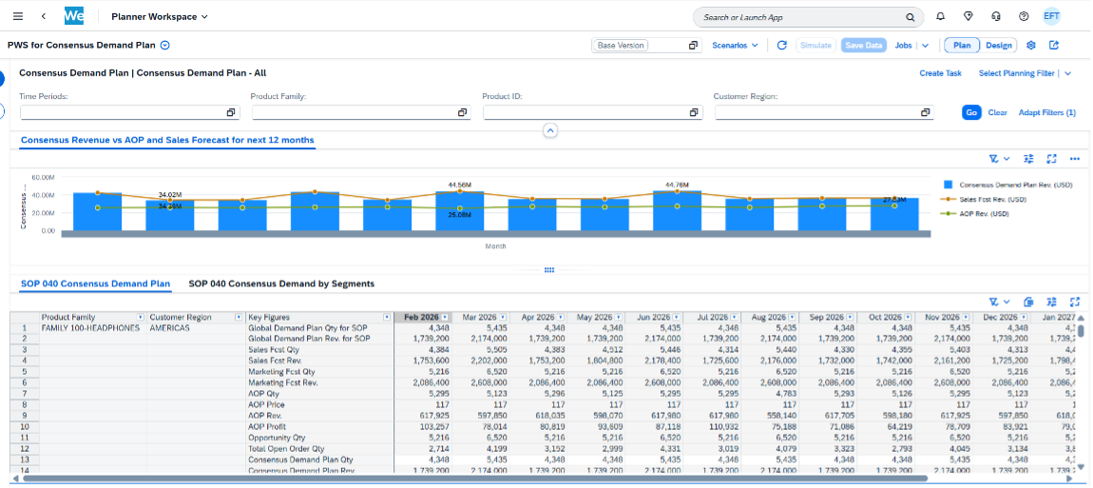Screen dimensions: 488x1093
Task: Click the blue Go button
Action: point(971,112)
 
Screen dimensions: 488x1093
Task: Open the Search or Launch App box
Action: point(808,17)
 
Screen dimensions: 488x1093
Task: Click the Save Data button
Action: point(863,45)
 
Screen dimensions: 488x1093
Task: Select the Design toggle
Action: point(998,45)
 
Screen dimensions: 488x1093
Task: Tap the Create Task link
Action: point(940,73)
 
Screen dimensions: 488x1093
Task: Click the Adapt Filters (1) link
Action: point(1046,112)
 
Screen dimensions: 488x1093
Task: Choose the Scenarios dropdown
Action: point(735,45)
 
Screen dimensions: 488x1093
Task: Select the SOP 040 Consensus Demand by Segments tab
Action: point(281,283)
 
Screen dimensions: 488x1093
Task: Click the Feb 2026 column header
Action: point(419,317)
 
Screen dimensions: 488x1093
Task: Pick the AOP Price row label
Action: point(267,404)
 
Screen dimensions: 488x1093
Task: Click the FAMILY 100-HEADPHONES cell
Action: point(90,328)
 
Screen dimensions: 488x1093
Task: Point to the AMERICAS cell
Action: point(169,328)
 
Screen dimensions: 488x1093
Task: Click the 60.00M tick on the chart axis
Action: point(42,178)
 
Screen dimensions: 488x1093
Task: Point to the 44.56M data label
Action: point(460,185)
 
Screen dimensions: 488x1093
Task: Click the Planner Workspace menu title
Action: point(159,17)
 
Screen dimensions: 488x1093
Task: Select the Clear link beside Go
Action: point(997,112)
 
